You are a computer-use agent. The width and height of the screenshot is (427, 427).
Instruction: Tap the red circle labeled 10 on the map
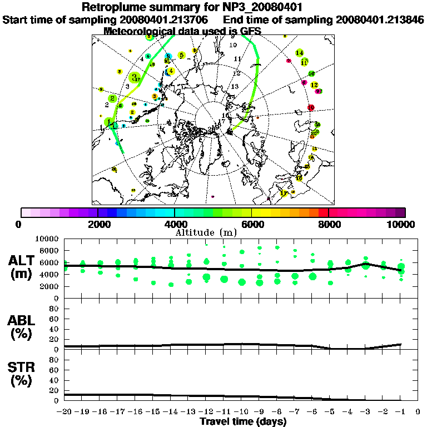[x=311, y=108]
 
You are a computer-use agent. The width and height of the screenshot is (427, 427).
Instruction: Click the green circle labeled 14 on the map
[x=300, y=53]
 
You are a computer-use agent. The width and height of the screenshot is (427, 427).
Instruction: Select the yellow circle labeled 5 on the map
[x=181, y=55]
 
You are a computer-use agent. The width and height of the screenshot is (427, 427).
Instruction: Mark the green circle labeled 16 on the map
[x=311, y=73]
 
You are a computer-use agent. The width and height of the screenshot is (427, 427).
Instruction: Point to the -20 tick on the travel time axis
[x=64, y=411]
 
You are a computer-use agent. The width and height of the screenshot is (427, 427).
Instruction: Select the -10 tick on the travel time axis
[x=241, y=411]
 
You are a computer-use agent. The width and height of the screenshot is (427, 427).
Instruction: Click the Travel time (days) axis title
[x=243, y=421]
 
